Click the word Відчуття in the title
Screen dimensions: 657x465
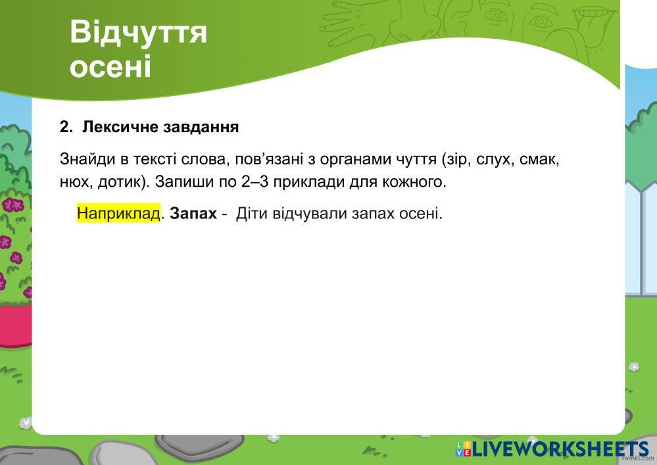coord(138,32)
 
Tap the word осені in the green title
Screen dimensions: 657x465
coord(110,66)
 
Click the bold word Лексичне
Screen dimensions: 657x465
coord(120,126)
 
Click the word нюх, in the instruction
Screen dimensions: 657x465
coord(76,182)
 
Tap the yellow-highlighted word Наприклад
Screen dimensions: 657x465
coord(118,214)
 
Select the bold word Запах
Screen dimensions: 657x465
coord(193,214)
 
